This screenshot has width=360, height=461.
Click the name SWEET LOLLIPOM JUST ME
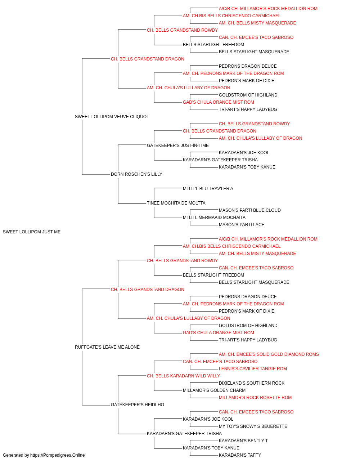pyautogui.click(x=32, y=232)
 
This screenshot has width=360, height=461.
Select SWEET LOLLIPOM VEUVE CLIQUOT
pyautogui.click(x=112, y=117)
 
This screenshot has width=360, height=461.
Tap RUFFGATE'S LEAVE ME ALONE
pyautogui.click(x=107, y=347)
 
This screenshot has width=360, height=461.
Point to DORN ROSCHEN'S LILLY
pyautogui.click(x=136, y=174)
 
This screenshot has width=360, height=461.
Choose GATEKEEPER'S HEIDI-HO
pyautogui.click(x=138, y=405)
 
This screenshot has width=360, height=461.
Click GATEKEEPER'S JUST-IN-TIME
pyautogui.click(x=178, y=145)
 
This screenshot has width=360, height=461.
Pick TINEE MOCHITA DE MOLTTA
pyautogui.click(x=176, y=203)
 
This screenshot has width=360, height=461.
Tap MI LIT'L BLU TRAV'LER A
pyautogui.click(x=208, y=189)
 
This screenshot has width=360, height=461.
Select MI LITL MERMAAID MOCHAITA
pyautogui.click(x=214, y=218)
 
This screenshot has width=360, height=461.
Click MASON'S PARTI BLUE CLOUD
pyautogui.click(x=249, y=210)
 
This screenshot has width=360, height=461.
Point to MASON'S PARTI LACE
pyautogui.click(x=242, y=225)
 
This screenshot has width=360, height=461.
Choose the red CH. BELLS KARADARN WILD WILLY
pyautogui.click(x=183, y=376)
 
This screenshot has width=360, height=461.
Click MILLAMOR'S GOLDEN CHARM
pyautogui.click(x=214, y=390)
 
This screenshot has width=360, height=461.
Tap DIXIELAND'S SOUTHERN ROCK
pyautogui.click(x=251, y=383)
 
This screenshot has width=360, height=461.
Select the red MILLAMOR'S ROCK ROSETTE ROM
pyautogui.click(x=255, y=398)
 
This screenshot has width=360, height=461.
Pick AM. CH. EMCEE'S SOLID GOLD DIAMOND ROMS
pyautogui.click(x=269, y=354)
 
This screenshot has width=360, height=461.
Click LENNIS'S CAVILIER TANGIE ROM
pyautogui.click(x=253, y=369)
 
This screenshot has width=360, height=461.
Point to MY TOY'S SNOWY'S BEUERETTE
pyautogui.click(x=253, y=426)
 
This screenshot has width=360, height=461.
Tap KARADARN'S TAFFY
pyautogui.click(x=240, y=455)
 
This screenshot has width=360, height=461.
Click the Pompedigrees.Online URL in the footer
pyautogui.click(x=57, y=455)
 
